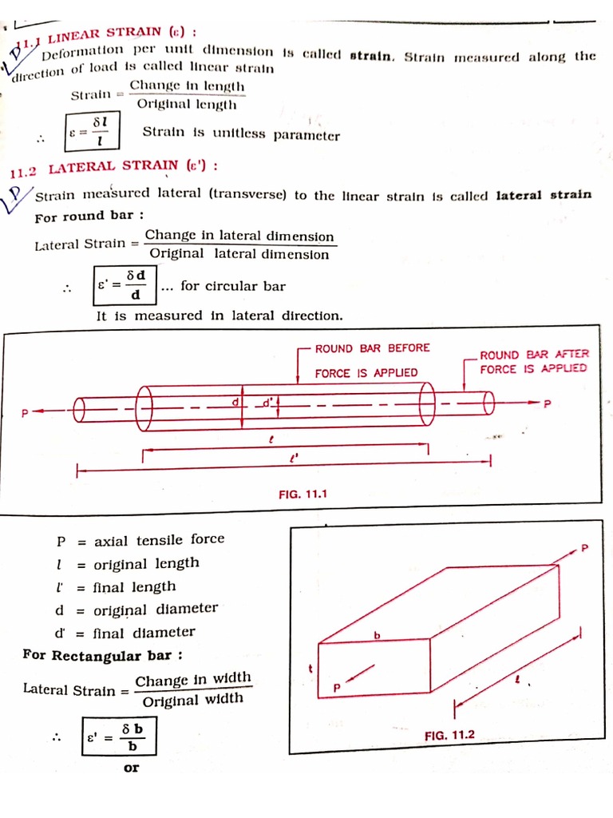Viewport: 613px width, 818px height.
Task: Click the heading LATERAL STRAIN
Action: tap(112, 167)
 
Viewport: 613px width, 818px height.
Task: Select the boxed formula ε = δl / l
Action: tap(93, 129)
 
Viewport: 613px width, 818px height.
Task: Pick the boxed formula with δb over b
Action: tap(119, 737)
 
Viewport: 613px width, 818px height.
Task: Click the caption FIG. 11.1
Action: tap(303, 494)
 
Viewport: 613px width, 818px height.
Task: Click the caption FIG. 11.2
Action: tap(450, 734)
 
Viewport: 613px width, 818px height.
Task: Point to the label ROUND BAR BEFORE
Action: tap(372, 348)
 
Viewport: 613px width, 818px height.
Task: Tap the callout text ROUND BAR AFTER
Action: tap(534, 354)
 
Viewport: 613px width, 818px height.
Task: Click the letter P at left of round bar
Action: tap(25, 413)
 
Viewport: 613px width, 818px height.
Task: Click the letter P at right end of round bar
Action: tap(547, 403)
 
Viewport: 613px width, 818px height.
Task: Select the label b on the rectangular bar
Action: tap(379, 634)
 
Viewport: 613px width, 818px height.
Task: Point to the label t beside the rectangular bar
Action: tap(309, 667)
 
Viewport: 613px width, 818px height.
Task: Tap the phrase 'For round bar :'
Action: tap(89, 216)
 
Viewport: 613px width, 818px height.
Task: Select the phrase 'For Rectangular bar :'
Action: tap(103, 655)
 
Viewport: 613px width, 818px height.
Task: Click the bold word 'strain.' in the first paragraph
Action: tap(371, 56)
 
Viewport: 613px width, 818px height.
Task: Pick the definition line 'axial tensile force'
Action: tap(160, 540)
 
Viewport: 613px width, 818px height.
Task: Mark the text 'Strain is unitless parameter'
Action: tap(241, 133)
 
